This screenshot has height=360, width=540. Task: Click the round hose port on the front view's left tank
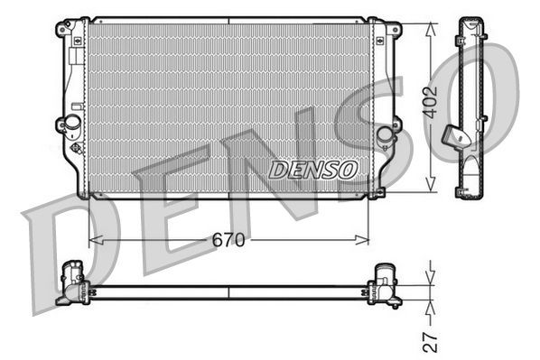coord(69,125)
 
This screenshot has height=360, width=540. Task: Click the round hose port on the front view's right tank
coord(386,134)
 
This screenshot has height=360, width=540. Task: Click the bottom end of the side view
coord(470,189)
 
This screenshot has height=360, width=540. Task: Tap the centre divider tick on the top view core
coord(228,291)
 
